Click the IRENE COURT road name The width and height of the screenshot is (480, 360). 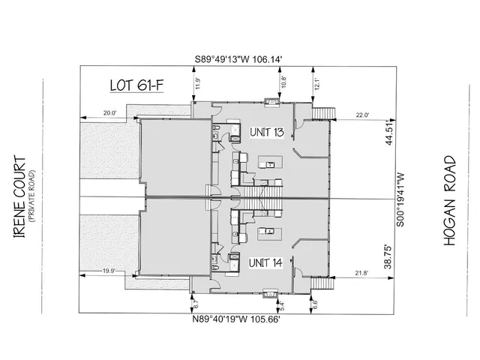[20, 197]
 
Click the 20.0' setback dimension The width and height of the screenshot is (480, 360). [109, 113]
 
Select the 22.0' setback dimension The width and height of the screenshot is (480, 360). [362, 115]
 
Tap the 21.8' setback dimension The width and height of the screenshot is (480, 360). [361, 273]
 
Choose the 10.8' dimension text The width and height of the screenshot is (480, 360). [283, 79]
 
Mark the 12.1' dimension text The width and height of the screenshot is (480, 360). [318, 85]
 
